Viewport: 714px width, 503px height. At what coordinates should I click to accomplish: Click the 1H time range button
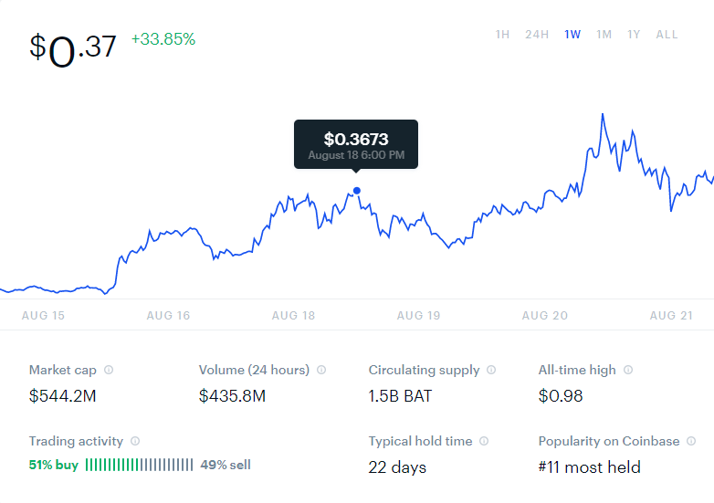click(x=502, y=35)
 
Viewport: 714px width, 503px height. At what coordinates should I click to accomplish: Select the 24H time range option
click(x=537, y=35)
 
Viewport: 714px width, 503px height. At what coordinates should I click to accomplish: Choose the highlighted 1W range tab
click(x=572, y=35)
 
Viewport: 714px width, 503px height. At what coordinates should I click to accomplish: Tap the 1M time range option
click(x=604, y=35)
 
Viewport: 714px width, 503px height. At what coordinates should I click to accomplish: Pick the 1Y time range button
click(x=634, y=35)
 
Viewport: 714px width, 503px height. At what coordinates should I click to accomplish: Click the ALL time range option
click(x=667, y=35)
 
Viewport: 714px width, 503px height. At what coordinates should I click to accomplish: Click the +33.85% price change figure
click(x=163, y=39)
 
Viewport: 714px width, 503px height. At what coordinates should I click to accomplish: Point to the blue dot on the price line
click(x=357, y=191)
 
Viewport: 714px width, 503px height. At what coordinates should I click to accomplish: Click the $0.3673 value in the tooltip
click(x=356, y=139)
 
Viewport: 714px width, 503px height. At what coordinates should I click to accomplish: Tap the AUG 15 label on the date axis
click(x=43, y=316)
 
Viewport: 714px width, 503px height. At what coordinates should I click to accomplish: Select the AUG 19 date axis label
click(x=418, y=316)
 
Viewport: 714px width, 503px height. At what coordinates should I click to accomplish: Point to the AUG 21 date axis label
click(x=671, y=316)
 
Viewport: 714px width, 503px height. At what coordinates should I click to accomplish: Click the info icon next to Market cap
click(x=109, y=370)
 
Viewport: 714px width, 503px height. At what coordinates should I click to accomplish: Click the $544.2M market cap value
click(x=62, y=396)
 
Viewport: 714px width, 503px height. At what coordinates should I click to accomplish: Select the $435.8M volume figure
click(x=232, y=396)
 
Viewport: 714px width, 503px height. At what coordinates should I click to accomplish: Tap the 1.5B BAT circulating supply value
click(x=400, y=396)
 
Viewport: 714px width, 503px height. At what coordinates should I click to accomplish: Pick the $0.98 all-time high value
click(x=561, y=396)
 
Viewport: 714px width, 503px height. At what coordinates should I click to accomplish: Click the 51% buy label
click(x=54, y=465)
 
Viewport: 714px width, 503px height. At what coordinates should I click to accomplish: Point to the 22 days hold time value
click(x=397, y=467)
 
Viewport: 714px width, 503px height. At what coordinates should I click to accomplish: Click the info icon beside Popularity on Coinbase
click(x=691, y=441)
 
